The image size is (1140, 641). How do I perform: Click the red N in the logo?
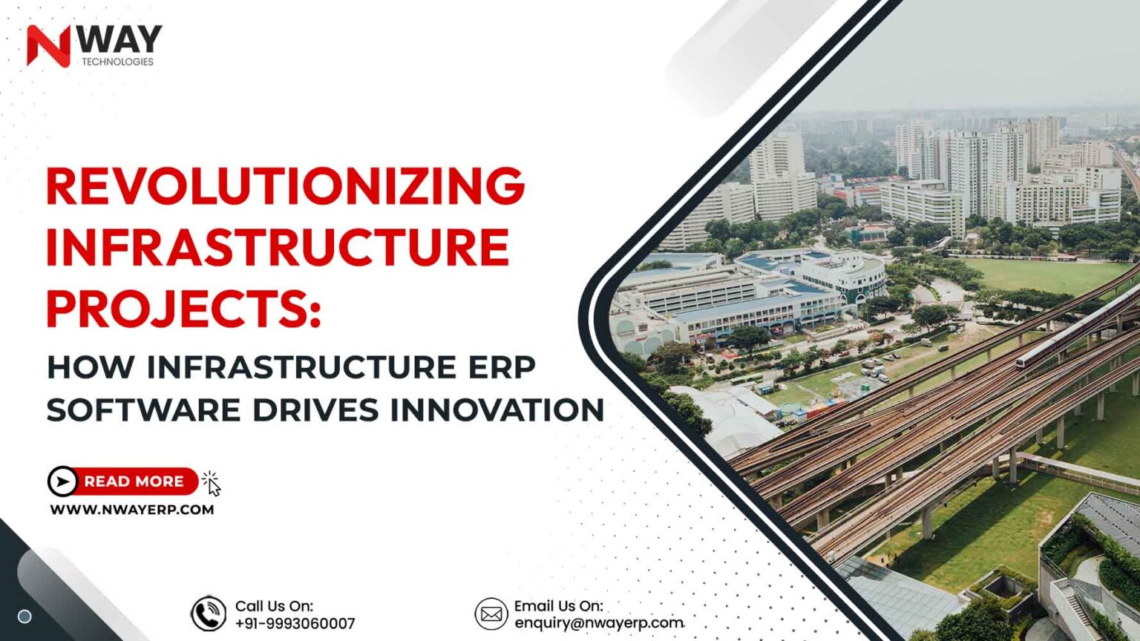48,45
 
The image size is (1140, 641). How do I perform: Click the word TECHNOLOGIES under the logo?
117,62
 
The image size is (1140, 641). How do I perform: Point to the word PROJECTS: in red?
183,309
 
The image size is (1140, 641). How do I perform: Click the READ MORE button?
134,481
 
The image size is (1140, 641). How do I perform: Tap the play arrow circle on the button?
63,481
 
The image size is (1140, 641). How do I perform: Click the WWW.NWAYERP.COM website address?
132,510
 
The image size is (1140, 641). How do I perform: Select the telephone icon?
209,614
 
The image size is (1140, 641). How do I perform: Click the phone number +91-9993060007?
295,624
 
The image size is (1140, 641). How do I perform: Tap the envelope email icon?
491,614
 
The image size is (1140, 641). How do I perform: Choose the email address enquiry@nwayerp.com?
598,623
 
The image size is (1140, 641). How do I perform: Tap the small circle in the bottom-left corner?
24,616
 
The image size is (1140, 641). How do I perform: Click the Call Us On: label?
274,606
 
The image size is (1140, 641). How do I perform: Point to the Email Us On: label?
558,605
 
